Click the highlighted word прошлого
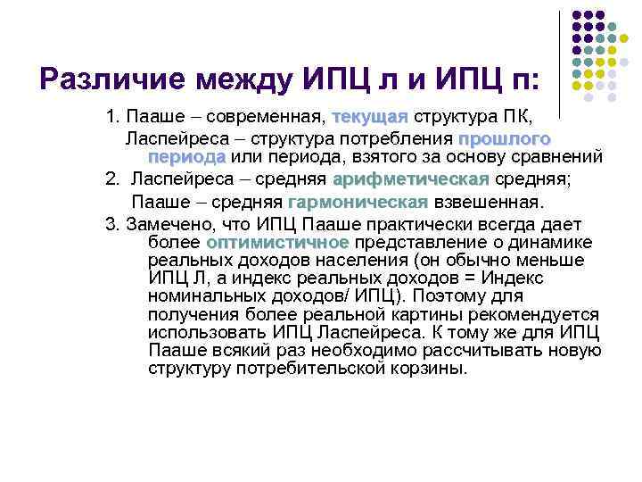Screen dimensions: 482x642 click(505, 138)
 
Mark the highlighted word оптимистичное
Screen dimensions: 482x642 click(277, 243)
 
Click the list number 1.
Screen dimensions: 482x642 click(111, 118)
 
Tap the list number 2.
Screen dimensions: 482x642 click(111, 179)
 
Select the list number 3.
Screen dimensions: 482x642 click(110, 223)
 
